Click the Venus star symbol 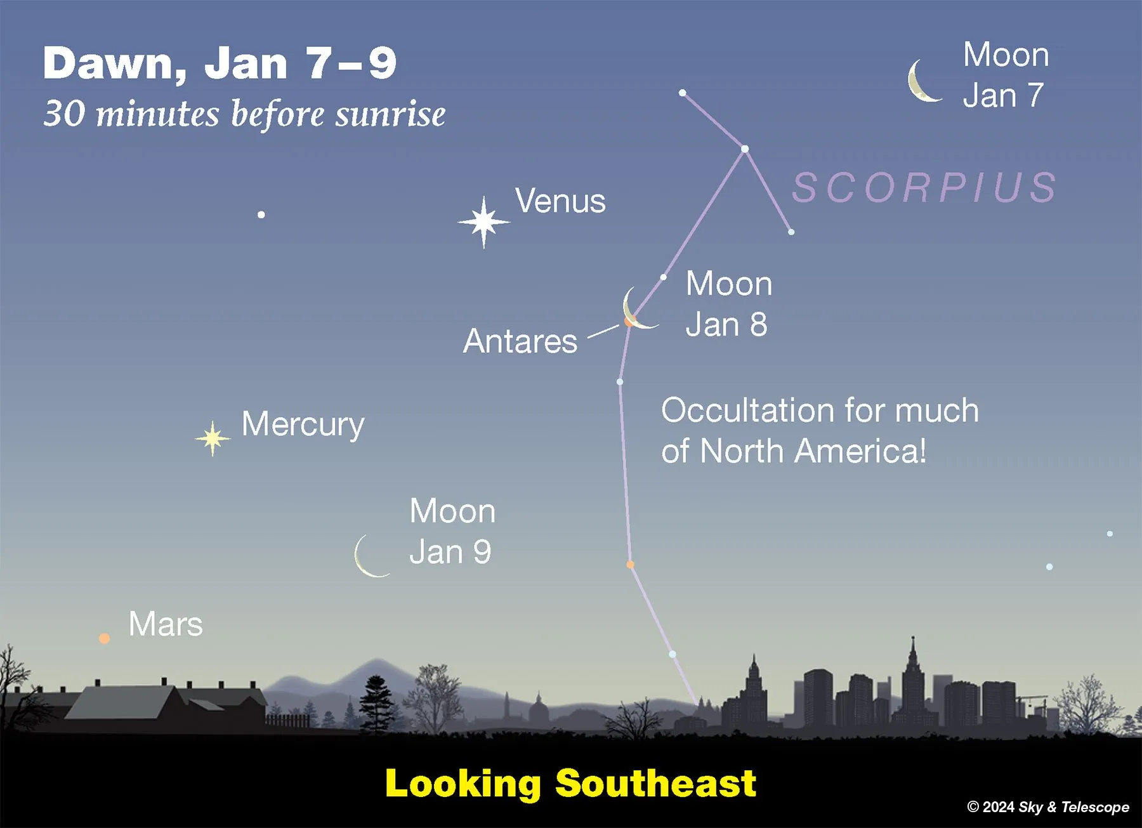pos(483,222)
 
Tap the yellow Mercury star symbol pos(213,438)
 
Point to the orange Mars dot pos(104,638)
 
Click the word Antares pos(520,341)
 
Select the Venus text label pos(560,201)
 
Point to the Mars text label pos(166,624)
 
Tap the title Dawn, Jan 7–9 pos(220,63)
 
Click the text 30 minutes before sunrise pos(244,114)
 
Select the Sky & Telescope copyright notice pos(1048,807)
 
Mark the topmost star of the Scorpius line pos(682,93)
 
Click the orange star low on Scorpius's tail pos(630,564)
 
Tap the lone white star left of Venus pos(261,214)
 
